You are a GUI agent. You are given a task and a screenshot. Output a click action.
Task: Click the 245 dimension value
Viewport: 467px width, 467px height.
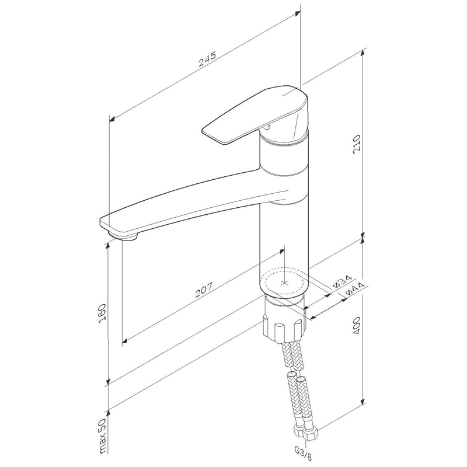tap(207, 60)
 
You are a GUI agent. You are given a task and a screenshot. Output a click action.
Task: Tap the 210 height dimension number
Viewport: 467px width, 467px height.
tap(357, 144)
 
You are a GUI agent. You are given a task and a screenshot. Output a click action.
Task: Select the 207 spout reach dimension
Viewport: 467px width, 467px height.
tap(204, 290)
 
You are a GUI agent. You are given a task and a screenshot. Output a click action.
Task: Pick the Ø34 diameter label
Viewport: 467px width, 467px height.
tap(342, 281)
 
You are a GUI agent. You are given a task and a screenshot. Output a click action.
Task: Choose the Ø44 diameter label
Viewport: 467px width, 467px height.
tap(356, 289)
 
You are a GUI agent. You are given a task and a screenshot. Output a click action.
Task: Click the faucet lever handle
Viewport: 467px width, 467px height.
tap(255, 114)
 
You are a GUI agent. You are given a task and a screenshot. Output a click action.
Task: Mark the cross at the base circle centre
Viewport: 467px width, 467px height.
tap(285, 282)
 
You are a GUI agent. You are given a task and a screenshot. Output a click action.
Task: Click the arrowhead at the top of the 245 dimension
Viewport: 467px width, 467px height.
tap(297, 13)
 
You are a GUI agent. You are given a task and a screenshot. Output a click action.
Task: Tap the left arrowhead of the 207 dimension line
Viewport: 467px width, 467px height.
tap(126, 340)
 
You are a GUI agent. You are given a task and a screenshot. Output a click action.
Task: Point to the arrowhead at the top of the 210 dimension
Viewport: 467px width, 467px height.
tap(363, 53)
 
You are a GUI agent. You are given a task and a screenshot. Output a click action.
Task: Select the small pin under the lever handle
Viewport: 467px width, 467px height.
tap(266, 128)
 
